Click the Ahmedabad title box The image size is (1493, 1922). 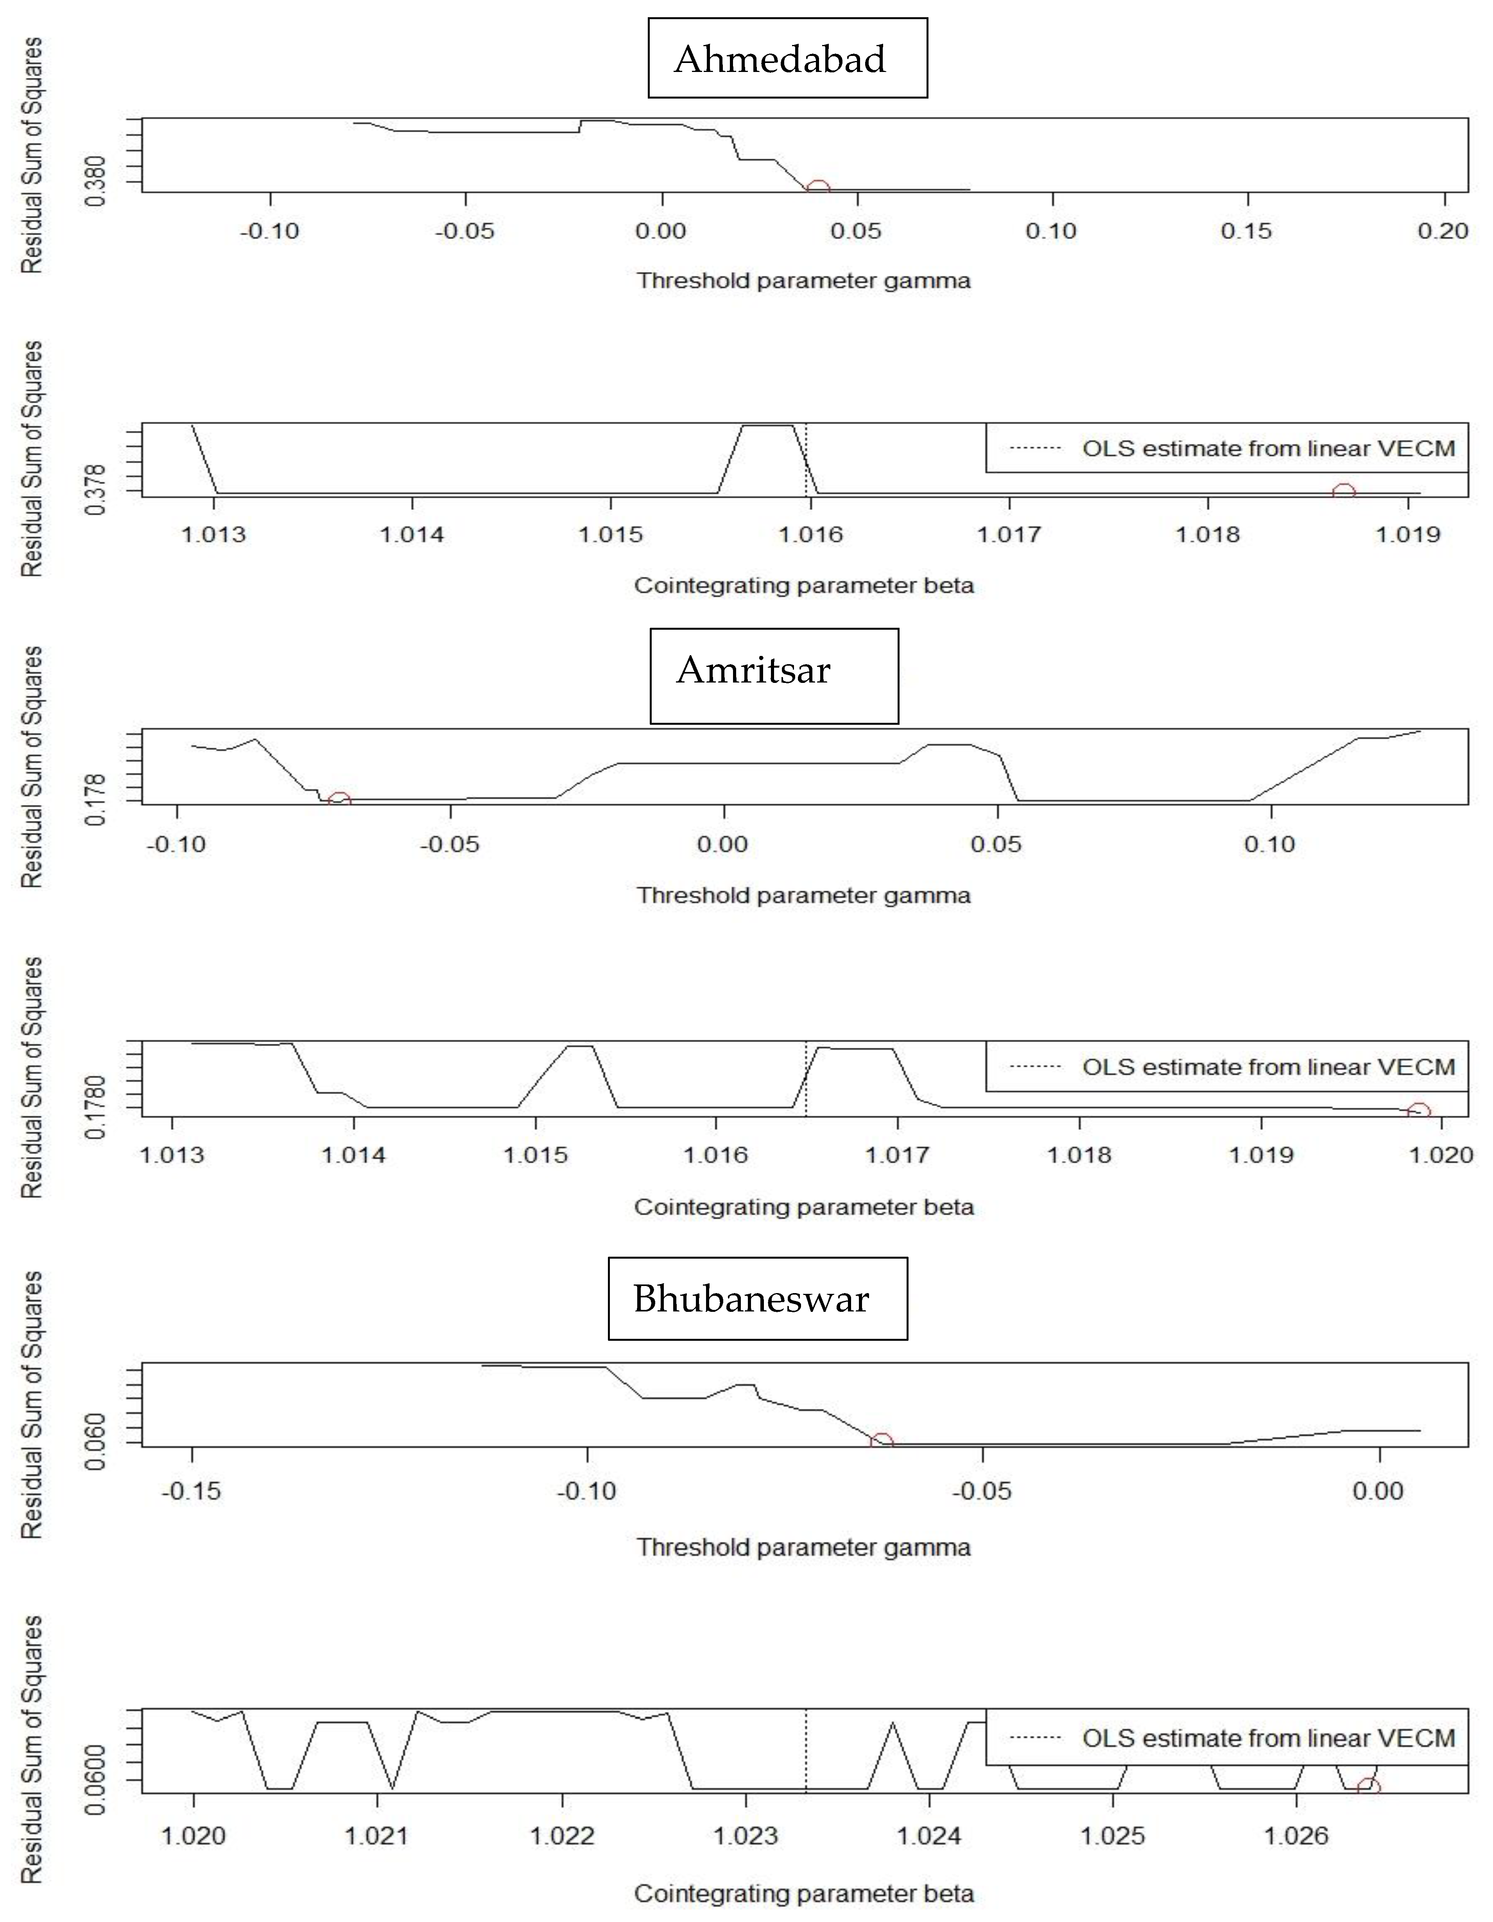[x=787, y=58]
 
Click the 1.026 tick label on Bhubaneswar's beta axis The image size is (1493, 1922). [x=1297, y=1836]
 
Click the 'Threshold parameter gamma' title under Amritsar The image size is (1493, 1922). [x=803, y=896]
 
